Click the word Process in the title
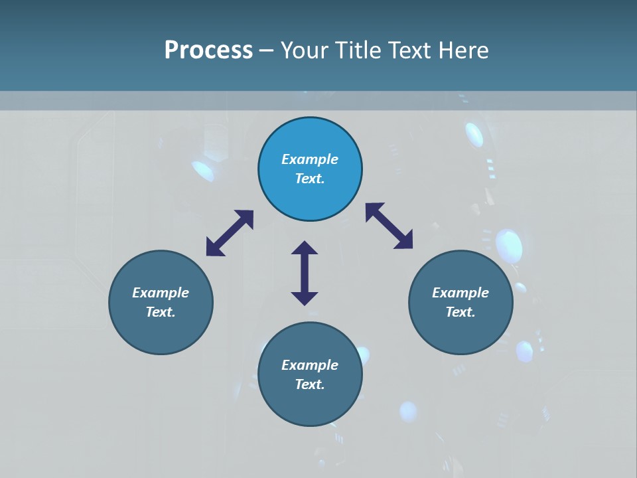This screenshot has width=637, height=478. [x=208, y=50]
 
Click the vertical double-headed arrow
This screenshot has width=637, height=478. [x=305, y=273]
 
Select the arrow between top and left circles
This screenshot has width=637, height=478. [x=230, y=233]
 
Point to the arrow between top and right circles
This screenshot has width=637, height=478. [x=389, y=226]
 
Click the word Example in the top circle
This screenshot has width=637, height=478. [x=310, y=159]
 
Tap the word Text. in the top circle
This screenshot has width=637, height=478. [x=310, y=179]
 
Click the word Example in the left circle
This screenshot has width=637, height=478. [x=161, y=293]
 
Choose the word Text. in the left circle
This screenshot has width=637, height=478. [x=161, y=312]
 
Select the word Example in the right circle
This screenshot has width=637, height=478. [x=460, y=293]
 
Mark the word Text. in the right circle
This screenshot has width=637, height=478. [x=460, y=312]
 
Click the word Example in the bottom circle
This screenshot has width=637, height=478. [x=310, y=365]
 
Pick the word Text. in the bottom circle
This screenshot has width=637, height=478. [x=310, y=384]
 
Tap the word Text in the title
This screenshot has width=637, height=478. [x=409, y=50]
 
